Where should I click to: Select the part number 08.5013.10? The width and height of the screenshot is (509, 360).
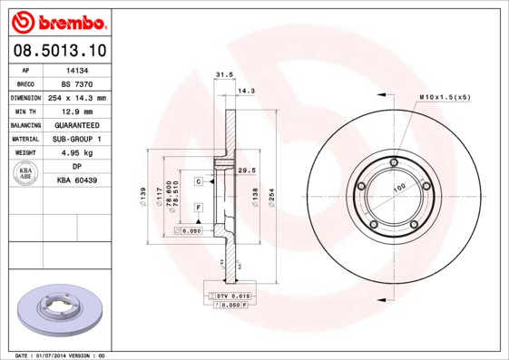click(x=59, y=50)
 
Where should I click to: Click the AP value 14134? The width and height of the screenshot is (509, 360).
click(x=77, y=69)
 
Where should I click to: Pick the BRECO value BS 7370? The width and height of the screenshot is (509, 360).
click(x=77, y=83)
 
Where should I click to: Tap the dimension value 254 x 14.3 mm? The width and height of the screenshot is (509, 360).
click(x=77, y=97)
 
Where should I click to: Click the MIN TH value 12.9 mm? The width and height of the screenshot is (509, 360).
click(x=77, y=111)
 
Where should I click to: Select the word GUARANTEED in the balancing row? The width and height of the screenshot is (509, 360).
click(x=77, y=124)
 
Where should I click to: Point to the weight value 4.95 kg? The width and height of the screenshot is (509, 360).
click(x=77, y=153)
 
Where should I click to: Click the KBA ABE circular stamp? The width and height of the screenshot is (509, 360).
click(x=25, y=174)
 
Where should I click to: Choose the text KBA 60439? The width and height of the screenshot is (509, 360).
click(x=77, y=181)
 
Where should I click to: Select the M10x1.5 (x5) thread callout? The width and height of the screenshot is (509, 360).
click(x=445, y=96)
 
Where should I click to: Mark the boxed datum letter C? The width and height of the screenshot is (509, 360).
click(x=198, y=181)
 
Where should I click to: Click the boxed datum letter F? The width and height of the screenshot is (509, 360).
click(x=198, y=208)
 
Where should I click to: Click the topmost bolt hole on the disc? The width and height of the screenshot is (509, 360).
click(x=392, y=163)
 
